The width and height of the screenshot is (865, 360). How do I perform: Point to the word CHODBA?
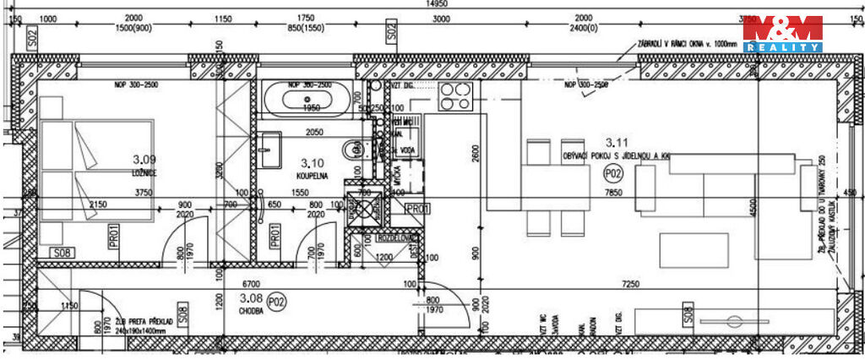pyautogui.click(x=252, y=310)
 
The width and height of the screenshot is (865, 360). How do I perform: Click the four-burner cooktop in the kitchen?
pyautogui.click(x=454, y=100)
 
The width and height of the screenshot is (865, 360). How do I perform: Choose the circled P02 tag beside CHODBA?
pyautogui.click(x=276, y=300)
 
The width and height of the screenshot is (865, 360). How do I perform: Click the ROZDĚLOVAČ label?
pyautogui.click(x=396, y=237)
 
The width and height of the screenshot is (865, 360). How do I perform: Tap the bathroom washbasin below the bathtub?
pyautogui.click(x=270, y=150)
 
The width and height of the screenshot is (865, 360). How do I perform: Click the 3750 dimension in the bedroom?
pyautogui.click(x=143, y=193)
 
